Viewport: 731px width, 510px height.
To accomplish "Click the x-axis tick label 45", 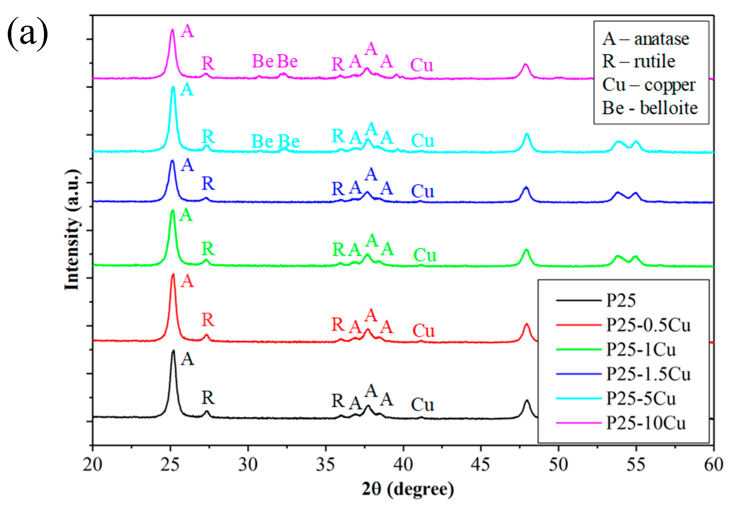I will pyautogui.click(x=480, y=464).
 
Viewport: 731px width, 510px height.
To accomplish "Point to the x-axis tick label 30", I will pyautogui.click(x=248, y=464).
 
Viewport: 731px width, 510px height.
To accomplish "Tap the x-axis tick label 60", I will pyautogui.click(x=713, y=464).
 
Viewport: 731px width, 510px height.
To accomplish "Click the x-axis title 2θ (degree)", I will pyautogui.click(x=407, y=489).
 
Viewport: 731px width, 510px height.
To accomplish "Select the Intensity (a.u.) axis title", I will pyautogui.click(x=72, y=230).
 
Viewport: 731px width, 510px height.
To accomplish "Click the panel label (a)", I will pyautogui.click(x=27, y=34).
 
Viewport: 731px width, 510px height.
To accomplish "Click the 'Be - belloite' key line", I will pyautogui.click(x=650, y=108).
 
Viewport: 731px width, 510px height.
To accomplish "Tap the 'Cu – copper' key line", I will pyautogui.click(x=649, y=85).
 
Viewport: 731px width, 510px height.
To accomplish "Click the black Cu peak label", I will pyautogui.click(x=422, y=405).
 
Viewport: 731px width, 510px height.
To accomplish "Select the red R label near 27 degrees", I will pyautogui.click(x=208, y=320).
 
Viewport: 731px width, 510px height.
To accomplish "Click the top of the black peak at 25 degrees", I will pyautogui.click(x=173, y=351).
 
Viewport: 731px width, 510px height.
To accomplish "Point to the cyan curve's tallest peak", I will pyautogui.click(x=173, y=87).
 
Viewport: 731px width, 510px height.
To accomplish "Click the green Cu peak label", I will pyautogui.click(x=424, y=255).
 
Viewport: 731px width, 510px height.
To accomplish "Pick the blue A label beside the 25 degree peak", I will pyautogui.click(x=187, y=165).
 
